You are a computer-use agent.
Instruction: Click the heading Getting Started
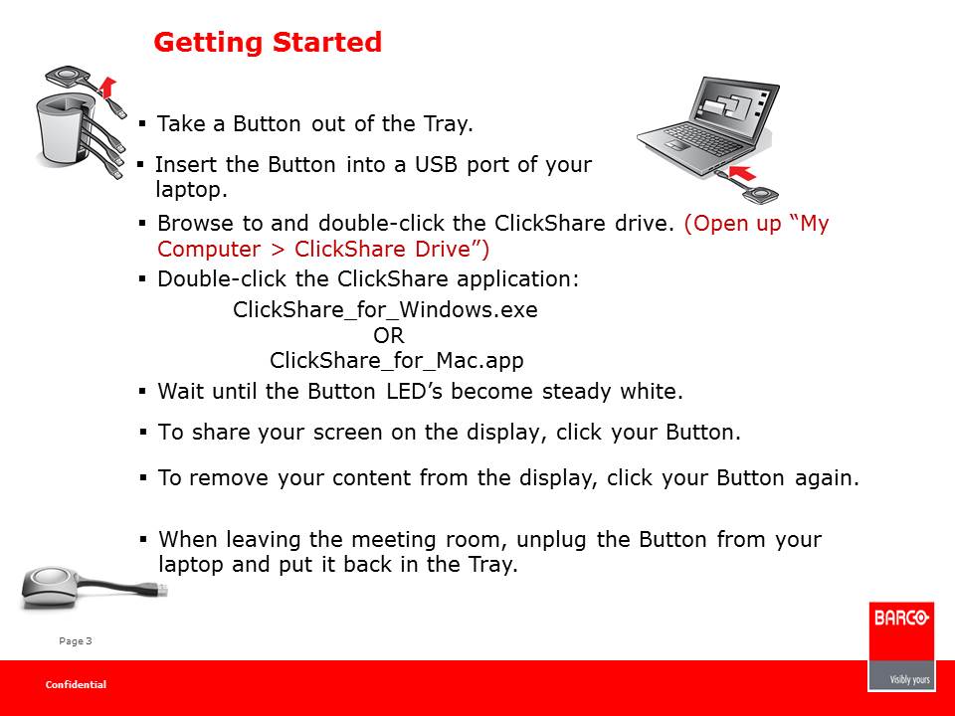tap(268, 43)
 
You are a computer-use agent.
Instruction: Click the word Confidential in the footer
tap(76, 685)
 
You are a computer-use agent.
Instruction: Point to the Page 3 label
tap(76, 641)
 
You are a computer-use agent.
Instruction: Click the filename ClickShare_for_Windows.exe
tap(386, 310)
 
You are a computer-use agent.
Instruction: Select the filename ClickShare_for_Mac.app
tap(397, 360)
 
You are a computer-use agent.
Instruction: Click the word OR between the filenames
tap(389, 335)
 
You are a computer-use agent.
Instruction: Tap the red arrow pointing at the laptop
tap(743, 173)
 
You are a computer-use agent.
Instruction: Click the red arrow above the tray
tap(107, 88)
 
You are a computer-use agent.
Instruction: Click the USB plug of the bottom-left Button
tap(161, 590)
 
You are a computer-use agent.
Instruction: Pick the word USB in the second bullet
tap(436, 164)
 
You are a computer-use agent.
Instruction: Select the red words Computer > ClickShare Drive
tap(323, 249)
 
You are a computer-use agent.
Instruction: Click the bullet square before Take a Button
tap(142, 124)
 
